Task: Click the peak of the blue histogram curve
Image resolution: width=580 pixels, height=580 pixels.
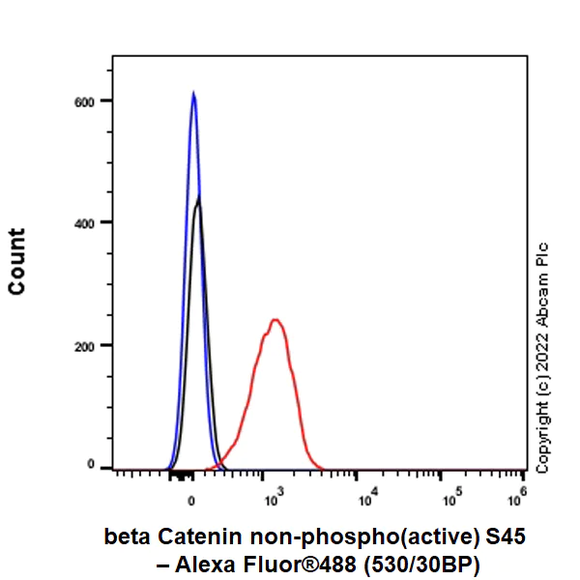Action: tap(193, 94)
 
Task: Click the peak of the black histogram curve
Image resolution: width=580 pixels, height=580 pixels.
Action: tap(198, 198)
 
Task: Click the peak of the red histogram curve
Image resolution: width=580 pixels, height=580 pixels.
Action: tap(275, 320)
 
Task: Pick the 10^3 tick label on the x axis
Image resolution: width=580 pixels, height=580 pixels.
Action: tap(272, 500)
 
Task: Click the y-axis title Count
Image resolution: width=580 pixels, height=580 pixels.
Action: tap(17, 261)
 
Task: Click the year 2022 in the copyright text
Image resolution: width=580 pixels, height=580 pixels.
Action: tap(542, 344)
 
